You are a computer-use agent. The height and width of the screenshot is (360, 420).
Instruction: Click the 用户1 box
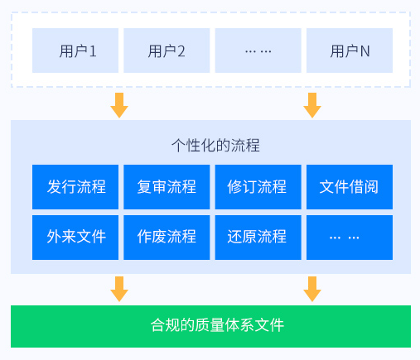[75, 50]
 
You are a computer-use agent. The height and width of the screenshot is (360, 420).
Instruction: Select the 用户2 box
[167, 50]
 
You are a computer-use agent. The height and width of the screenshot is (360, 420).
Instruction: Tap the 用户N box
[350, 50]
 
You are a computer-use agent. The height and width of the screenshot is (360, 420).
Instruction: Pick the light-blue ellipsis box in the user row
[258, 50]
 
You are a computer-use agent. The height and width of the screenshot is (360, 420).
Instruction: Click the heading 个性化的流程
[215, 145]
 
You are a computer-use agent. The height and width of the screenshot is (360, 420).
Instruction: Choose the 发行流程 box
[75, 187]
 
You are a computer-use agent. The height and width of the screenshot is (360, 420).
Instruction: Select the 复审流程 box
[167, 187]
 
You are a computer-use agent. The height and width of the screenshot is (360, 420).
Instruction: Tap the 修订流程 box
[258, 187]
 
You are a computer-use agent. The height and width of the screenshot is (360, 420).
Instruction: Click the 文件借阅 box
[350, 187]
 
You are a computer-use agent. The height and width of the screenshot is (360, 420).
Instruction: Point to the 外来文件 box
[75, 238]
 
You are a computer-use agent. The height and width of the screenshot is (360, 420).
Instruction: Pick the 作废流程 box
[167, 238]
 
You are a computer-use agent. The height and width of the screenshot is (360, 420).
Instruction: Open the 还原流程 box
[258, 238]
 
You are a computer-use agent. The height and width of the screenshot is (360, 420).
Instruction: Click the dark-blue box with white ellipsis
[350, 238]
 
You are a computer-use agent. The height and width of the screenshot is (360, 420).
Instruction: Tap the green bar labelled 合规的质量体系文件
[210, 326]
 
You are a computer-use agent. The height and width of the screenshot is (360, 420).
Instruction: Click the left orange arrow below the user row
[119, 105]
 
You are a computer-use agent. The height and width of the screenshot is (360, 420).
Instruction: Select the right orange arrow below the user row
[312, 105]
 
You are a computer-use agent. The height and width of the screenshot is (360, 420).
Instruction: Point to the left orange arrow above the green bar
[119, 289]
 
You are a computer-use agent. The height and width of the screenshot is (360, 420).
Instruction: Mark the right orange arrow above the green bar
[312, 289]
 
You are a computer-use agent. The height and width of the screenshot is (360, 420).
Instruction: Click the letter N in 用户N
[364, 51]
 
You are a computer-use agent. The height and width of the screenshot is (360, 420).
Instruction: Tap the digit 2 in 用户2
[181, 51]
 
